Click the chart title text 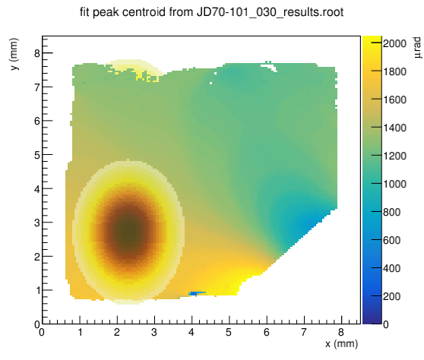(211, 12)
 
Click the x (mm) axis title (341, 344)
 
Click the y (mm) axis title (14, 54)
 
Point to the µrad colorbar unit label (417, 48)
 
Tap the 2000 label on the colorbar (394, 43)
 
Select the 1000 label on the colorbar (394, 184)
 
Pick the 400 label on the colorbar (391, 268)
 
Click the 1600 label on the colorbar (394, 99)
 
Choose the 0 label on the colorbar (386, 324)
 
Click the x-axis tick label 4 (191, 332)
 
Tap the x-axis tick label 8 (341, 332)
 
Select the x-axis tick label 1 (80, 332)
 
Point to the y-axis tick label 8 (37, 53)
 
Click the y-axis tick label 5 (37, 155)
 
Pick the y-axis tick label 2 (37, 257)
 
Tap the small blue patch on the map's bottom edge (197, 293)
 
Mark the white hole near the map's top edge (269, 66)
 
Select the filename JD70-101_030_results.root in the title (271, 12)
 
